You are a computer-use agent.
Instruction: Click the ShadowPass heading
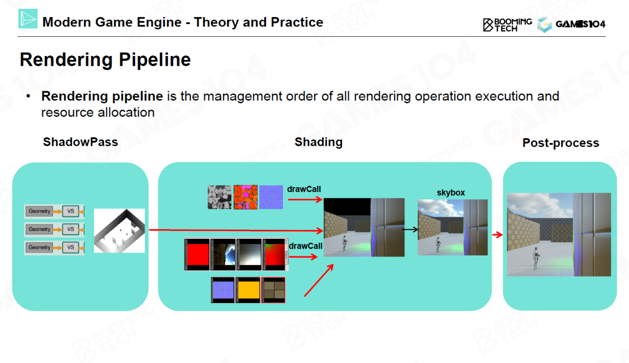coord(81,142)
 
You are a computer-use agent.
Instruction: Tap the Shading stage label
coord(318,142)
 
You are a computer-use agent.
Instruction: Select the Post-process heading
coord(561,143)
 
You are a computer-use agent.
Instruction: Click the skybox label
coord(451,193)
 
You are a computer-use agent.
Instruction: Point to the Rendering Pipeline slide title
coord(105,60)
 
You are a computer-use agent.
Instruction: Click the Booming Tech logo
coord(507,25)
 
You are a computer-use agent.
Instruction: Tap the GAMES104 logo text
coord(580,24)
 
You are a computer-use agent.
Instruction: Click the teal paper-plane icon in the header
coord(28,19)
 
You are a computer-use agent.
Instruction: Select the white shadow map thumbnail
coord(119,230)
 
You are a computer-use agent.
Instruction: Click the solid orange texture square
coord(248,290)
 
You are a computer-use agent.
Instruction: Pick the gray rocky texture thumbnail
coord(219,197)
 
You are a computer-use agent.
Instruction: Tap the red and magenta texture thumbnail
coord(245,197)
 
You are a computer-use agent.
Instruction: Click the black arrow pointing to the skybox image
coord(410,229)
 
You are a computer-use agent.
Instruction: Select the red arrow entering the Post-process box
coord(497,235)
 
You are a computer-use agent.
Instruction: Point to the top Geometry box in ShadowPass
coord(39,211)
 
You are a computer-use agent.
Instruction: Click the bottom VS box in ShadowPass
coord(70,248)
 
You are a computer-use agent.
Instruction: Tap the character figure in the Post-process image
coord(535,257)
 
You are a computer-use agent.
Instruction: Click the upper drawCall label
coord(304,189)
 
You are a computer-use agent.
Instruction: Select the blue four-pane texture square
coord(223,290)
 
